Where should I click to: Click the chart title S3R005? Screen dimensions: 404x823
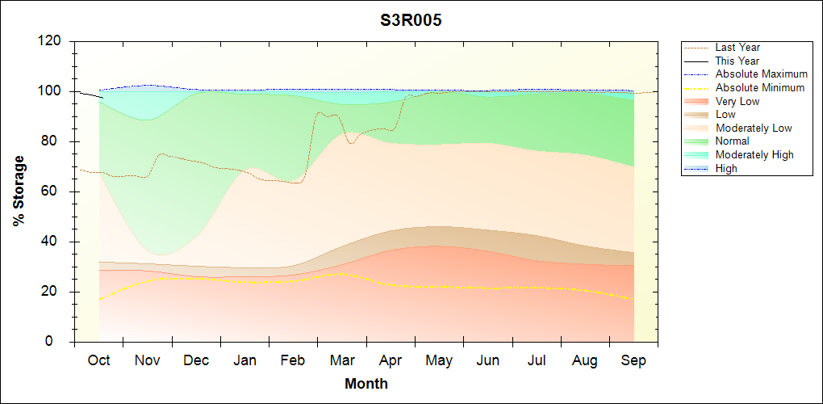click(x=411, y=21)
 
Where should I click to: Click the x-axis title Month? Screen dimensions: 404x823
click(x=366, y=384)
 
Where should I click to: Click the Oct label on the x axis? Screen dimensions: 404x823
click(x=98, y=361)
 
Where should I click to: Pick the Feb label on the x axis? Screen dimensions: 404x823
click(x=293, y=361)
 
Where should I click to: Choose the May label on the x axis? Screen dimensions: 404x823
click(x=439, y=361)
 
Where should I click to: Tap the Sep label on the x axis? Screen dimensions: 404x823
click(x=633, y=361)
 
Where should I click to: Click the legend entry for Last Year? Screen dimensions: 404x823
click(x=737, y=48)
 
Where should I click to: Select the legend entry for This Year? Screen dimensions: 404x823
click(x=737, y=61)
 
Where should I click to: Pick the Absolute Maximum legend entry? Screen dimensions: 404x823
click(x=761, y=74)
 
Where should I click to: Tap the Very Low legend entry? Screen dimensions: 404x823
click(x=737, y=101)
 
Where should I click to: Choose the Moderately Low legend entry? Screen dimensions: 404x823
click(x=754, y=128)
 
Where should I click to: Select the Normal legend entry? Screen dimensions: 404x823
click(x=732, y=141)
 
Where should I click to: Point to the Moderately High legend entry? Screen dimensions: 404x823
click(x=754, y=154)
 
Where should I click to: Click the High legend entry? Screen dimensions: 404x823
click(x=726, y=168)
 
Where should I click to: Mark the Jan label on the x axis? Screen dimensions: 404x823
click(x=244, y=361)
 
